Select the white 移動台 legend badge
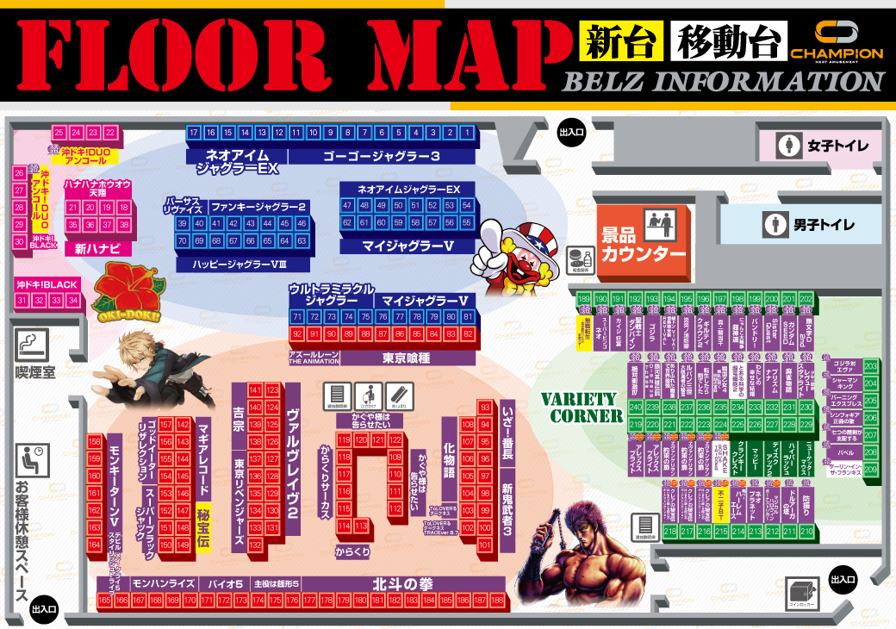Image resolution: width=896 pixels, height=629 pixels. [731, 41]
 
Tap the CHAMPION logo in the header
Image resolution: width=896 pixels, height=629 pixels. [837, 43]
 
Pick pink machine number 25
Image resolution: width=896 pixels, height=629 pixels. [59, 133]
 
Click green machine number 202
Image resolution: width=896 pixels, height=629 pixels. [806, 298]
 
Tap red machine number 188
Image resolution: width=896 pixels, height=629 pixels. [499, 600]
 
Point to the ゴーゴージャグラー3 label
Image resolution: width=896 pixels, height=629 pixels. [381, 156]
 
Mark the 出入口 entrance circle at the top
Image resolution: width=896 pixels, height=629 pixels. [571, 132]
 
